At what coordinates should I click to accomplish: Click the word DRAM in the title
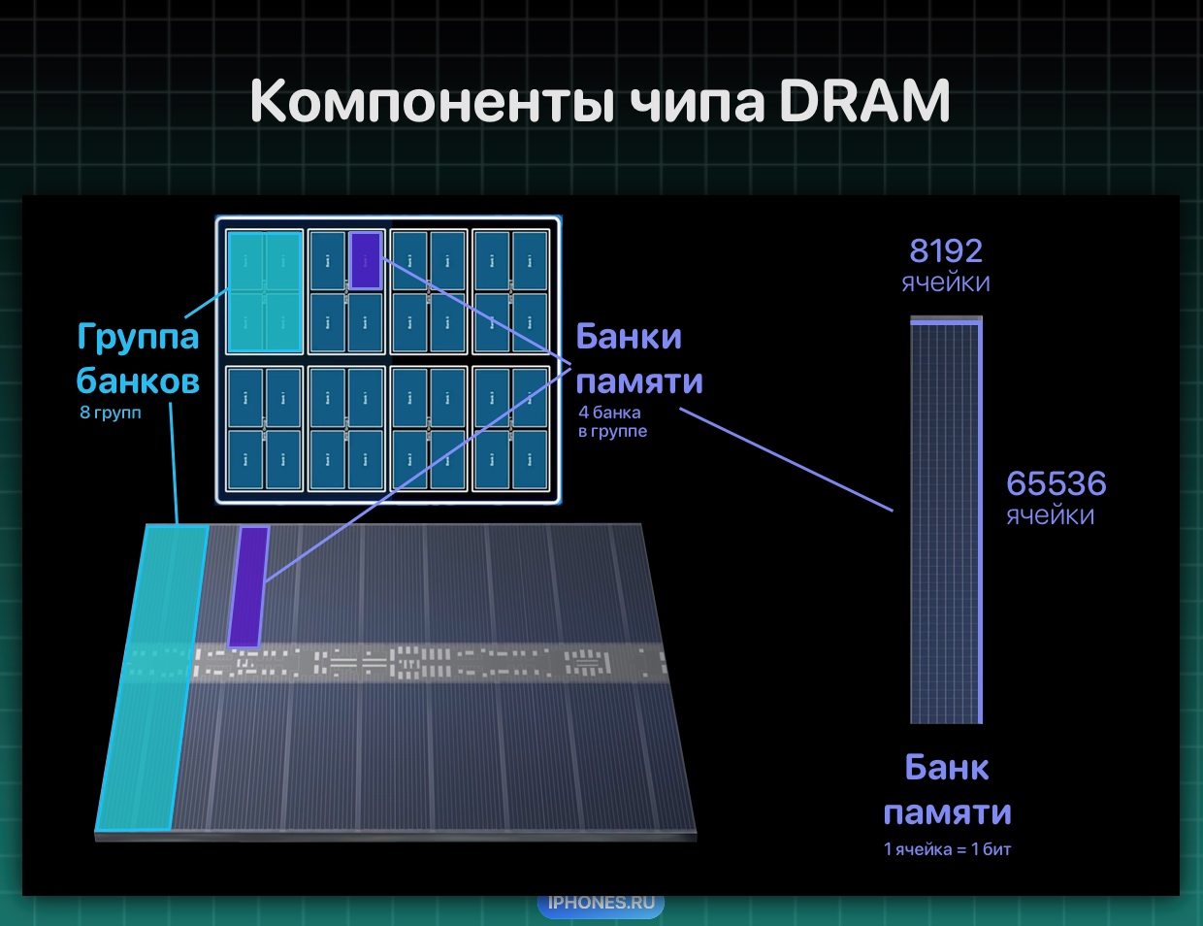point(864,101)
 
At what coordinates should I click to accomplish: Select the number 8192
point(946,250)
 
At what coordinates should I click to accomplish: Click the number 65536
point(1056,483)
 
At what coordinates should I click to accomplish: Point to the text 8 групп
point(111,413)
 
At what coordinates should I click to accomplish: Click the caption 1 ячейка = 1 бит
point(947,849)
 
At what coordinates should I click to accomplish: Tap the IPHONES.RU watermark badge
point(601,903)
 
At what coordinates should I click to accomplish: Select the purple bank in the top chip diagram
point(366,260)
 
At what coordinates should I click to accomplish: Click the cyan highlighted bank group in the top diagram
point(265,292)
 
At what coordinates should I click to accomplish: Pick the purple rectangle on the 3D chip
point(248,586)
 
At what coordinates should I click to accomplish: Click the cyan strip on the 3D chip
point(152,678)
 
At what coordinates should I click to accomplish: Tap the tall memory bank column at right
point(946,519)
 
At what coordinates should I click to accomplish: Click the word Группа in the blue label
point(138,337)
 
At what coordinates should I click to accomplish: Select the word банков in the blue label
point(138,381)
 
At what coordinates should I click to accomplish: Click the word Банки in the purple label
point(629,336)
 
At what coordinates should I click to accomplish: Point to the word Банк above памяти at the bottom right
point(947,768)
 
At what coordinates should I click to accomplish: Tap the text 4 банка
point(609,413)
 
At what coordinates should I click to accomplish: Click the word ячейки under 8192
point(946,282)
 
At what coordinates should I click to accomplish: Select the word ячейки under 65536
point(1051,515)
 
